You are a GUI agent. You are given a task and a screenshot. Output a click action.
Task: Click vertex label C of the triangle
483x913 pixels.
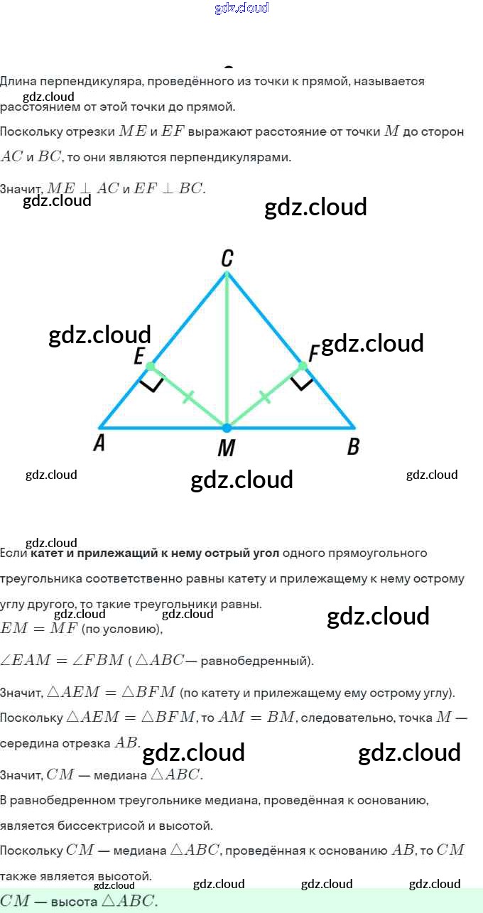point(227,259)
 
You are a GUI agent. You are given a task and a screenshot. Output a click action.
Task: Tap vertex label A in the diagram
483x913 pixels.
point(99,444)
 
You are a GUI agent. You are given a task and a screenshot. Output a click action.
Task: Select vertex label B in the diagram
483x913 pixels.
point(352,447)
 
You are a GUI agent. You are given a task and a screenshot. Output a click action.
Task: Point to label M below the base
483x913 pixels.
point(226,448)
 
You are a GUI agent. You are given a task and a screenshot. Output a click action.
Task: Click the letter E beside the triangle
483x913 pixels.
point(139,357)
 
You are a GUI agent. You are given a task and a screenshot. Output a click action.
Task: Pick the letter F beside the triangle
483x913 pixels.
point(313,353)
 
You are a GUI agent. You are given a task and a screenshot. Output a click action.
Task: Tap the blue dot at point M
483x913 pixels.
point(227,428)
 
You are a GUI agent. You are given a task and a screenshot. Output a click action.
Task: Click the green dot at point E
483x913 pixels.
point(150,367)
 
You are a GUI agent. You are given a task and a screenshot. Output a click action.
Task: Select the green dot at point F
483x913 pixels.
point(303,366)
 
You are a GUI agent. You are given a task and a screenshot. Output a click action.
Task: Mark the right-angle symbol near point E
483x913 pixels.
point(152,385)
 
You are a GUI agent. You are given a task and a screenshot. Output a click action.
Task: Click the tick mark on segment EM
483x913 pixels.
point(188,396)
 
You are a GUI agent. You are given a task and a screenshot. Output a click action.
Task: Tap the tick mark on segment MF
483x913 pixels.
point(265,396)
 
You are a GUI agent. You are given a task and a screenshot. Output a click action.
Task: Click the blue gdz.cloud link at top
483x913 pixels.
point(241,8)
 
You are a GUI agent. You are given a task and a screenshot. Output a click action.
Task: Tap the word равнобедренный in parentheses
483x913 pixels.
point(256,661)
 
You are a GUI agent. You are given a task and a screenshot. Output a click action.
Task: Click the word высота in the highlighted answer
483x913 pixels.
point(73,902)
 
